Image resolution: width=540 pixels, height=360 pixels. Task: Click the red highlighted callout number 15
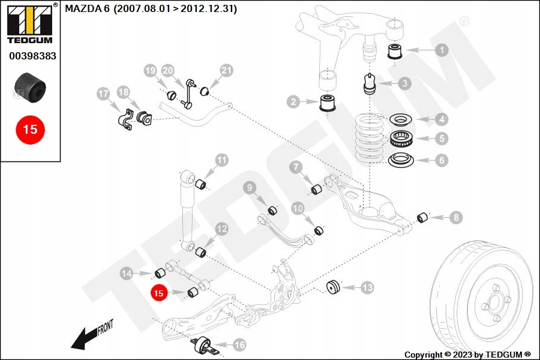click(x=158, y=293)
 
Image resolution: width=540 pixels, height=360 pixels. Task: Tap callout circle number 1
click(x=442, y=50)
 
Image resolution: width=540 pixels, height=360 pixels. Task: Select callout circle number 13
click(x=367, y=289)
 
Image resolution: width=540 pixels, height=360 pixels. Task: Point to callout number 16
click(x=239, y=345)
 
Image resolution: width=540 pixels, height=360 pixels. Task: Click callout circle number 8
click(x=456, y=217)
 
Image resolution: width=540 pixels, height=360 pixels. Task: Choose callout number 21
click(x=226, y=71)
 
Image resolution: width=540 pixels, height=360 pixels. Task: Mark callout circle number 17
click(x=103, y=94)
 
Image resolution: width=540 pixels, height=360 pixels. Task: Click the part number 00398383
click(x=32, y=56)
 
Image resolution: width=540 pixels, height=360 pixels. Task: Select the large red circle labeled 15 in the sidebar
click(x=30, y=128)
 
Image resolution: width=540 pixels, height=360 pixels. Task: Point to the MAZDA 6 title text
click(x=151, y=9)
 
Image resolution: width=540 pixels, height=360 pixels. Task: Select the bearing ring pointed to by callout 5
click(x=400, y=139)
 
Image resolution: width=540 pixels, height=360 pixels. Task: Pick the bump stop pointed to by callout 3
click(x=370, y=84)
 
